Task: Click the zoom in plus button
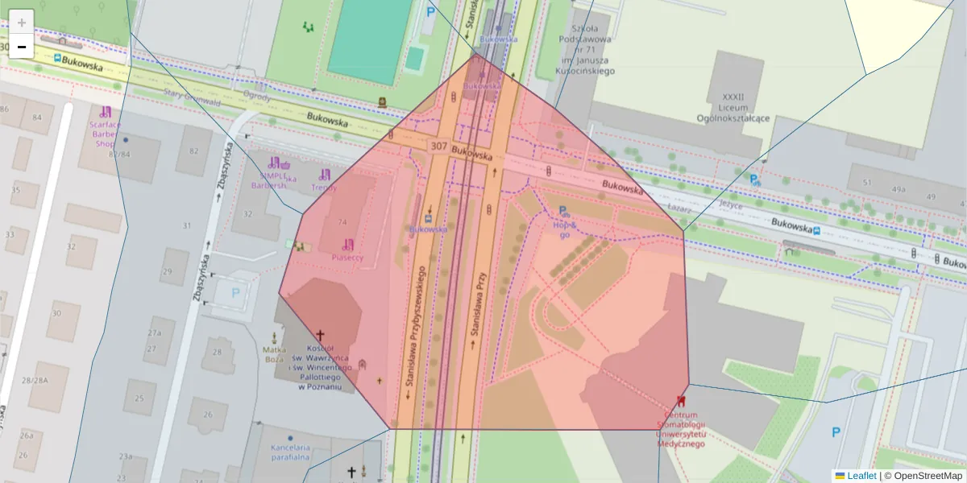pos(22,22)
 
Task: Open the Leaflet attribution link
pos(861,476)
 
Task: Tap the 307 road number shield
pos(439,147)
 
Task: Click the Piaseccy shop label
pos(347,258)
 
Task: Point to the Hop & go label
pos(563,229)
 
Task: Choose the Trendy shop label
pos(324,188)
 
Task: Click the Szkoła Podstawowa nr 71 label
pos(587,55)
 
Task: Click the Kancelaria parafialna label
pos(290,452)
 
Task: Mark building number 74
pos(342,222)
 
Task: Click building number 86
pos(4,109)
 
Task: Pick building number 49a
pos(898,189)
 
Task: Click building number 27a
pos(154,332)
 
